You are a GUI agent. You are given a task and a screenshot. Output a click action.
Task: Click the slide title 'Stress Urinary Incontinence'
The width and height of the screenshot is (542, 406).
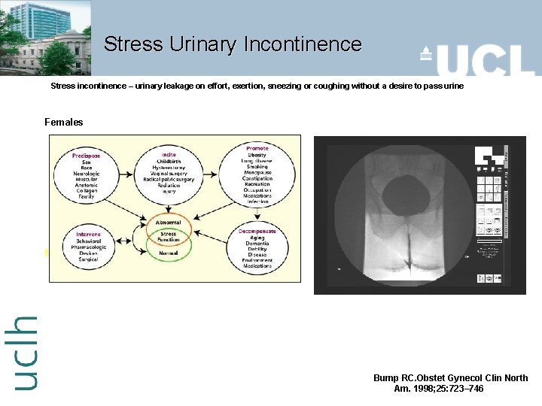(233, 44)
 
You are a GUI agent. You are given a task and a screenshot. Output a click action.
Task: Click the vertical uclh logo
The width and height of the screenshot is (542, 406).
(26, 353)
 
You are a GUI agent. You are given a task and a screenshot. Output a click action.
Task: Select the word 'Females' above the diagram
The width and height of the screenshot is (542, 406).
(64, 122)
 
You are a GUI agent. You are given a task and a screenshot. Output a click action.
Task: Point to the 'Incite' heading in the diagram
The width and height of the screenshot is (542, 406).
(169, 154)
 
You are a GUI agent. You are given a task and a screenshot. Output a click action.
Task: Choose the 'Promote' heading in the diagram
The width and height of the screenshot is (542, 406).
(257, 148)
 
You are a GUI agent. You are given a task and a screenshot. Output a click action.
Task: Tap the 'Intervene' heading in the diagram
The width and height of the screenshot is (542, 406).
(88, 234)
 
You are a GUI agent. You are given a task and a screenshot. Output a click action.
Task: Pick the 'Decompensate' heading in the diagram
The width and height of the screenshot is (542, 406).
(257, 231)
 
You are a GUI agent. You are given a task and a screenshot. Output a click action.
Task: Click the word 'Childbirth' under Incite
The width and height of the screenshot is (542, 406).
(169, 161)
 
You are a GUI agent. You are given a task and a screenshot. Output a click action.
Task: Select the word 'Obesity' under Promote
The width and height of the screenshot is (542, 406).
(257, 155)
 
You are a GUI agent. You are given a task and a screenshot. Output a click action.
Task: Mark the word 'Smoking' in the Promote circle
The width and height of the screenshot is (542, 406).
(257, 168)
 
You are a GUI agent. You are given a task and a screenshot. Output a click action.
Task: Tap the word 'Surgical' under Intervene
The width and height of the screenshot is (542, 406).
(88, 260)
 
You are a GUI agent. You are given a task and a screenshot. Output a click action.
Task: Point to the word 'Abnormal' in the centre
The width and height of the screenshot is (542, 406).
(168, 223)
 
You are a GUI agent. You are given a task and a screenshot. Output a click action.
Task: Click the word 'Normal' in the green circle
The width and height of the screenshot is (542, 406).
(168, 253)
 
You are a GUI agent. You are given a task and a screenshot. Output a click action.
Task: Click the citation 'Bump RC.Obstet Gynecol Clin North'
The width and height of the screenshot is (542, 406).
(450, 378)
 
